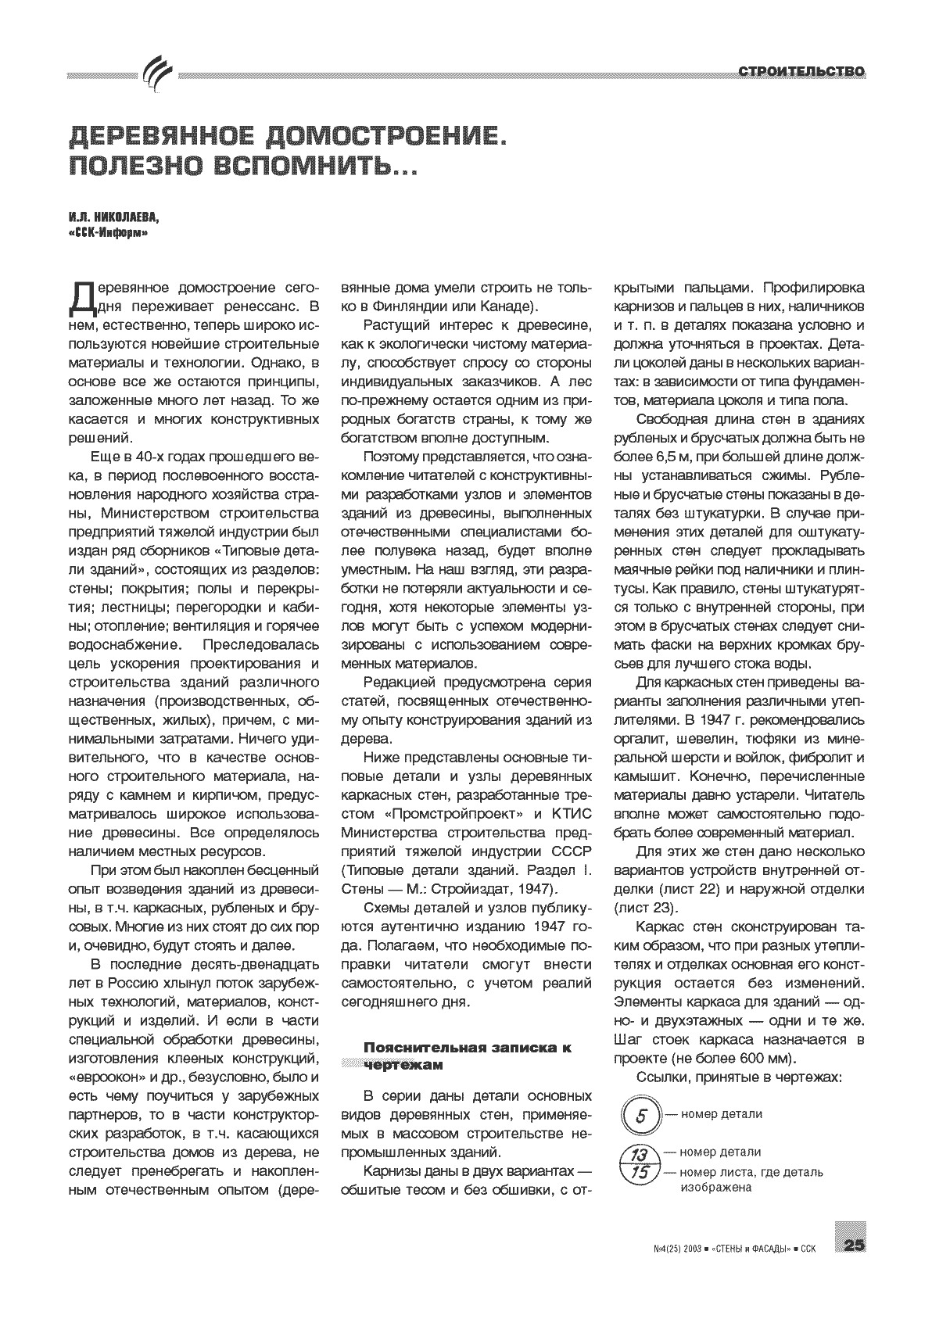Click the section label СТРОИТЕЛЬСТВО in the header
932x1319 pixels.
[x=802, y=73]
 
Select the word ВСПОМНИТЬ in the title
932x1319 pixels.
[x=309, y=167]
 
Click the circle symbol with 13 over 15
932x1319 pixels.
[x=640, y=1163]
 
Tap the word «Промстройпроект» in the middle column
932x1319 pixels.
[x=443, y=814]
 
